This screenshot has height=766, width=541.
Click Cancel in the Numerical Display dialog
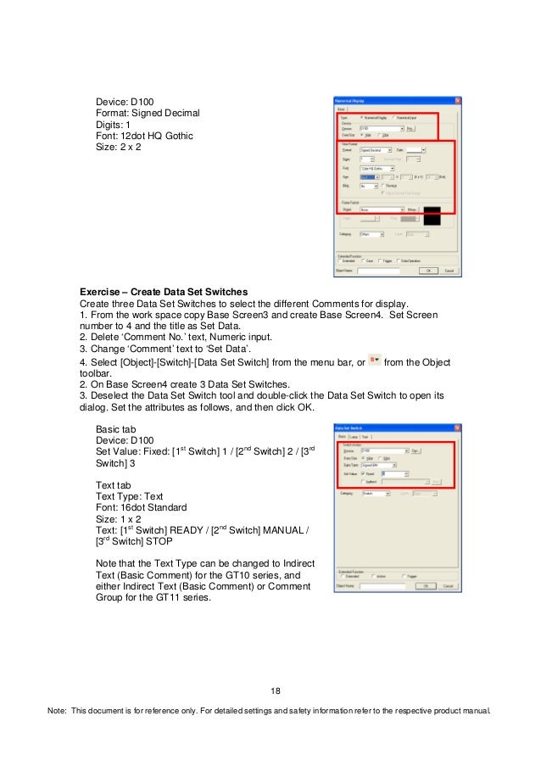[449, 271]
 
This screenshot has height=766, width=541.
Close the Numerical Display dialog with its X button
[459, 98]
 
